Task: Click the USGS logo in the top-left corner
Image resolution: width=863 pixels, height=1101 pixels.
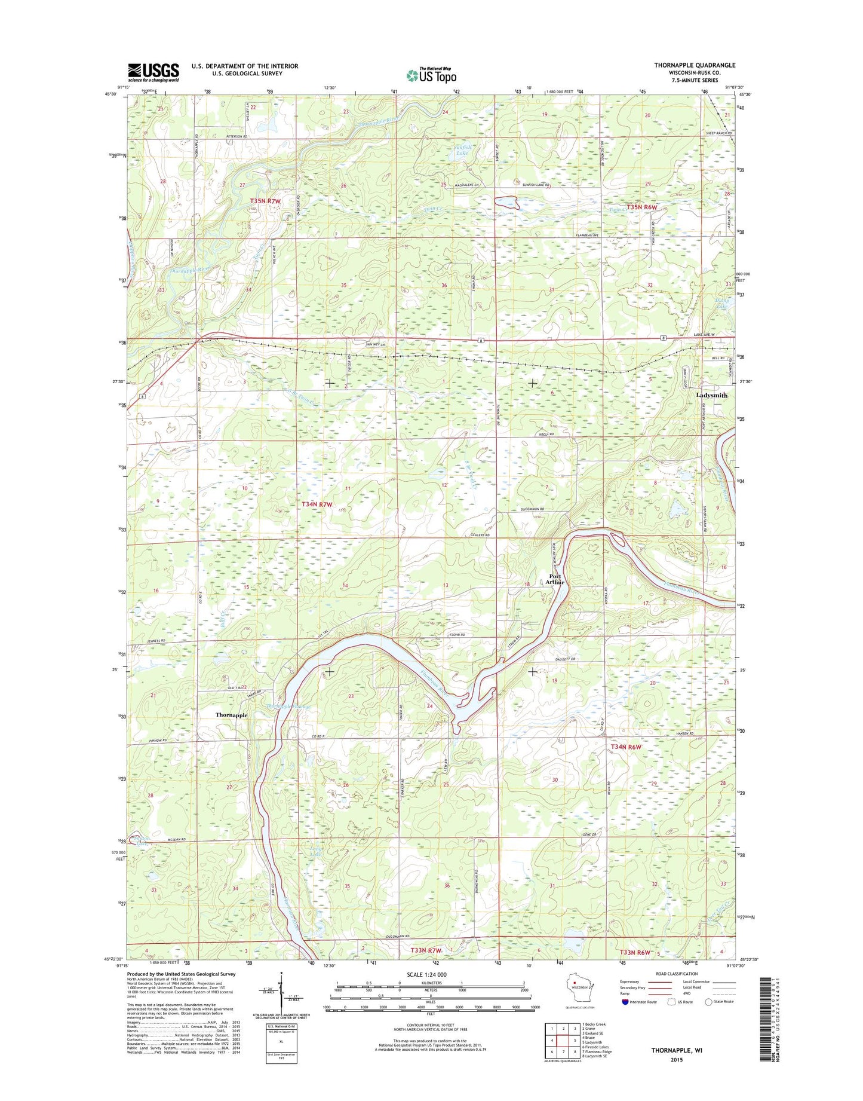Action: (x=153, y=72)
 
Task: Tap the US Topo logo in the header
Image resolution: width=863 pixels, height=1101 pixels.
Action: (x=431, y=75)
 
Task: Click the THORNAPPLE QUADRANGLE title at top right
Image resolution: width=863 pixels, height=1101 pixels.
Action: (x=695, y=65)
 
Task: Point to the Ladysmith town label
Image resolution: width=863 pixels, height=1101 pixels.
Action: (x=711, y=395)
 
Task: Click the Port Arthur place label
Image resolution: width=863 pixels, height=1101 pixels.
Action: (x=555, y=579)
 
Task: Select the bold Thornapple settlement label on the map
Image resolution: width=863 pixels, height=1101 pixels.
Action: (x=231, y=715)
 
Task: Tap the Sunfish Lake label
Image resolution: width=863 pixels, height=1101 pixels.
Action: (x=462, y=150)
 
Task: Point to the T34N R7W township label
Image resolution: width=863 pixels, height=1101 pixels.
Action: (x=317, y=504)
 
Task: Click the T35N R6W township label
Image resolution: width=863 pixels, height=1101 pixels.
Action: (x=641, y=207)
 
